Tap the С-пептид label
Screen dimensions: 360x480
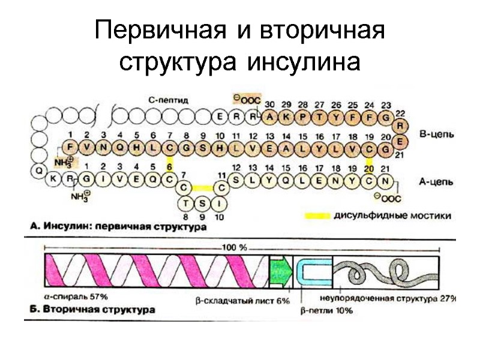point(169,100)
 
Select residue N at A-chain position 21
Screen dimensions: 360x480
point(386,179)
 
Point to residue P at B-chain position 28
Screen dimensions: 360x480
point(304,116)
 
